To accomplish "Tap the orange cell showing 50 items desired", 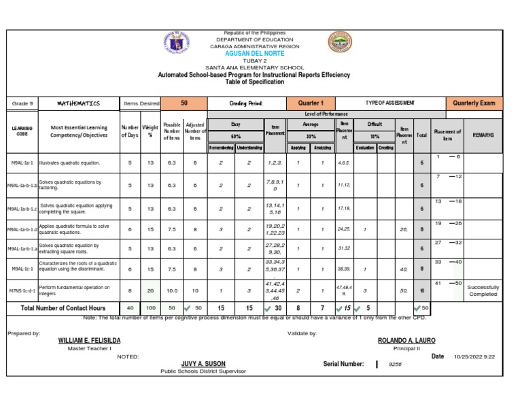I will coord(184,103).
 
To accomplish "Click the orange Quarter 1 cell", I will coord(311,103).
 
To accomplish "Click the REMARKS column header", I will coord(483,135).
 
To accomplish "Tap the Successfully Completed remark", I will coord(483,290).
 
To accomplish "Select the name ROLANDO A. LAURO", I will coord(406,340).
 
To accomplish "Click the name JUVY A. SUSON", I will coord(204,364).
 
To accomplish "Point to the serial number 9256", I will coord(395,365).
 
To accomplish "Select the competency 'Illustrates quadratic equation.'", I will coord(70,163).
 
